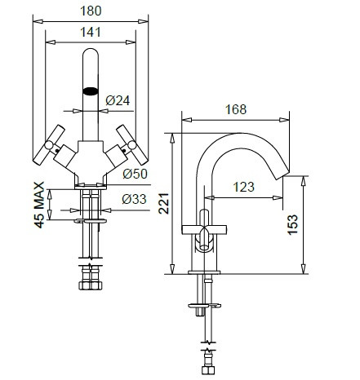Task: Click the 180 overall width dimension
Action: pyautogui.click(x=91, y=11)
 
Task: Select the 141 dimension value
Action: pyautogui.click(x=91, y=32)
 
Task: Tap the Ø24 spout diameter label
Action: pyautogui.click(x=118, y=100)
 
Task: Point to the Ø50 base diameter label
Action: pyautogui.click(x=135, y=174)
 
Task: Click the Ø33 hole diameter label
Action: pyautogui.click(x=134, y=199)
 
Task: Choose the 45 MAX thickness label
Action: pyautogui.click(x=39, y=205)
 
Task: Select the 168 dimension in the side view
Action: pyautogui.click(x=236, y=109)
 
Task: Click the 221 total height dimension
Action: pyautogui.click(x=163, y=203)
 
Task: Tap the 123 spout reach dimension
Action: pyautogui.click(x=244, y=187)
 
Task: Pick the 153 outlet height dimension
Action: pyautogui.click(x=292, y=224)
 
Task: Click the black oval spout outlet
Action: pyautogui.click(x=91, y=91)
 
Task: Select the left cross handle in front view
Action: pyautogui.click(x=49, y=145)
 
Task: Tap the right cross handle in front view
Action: pyautogui.click(x=132, y=145)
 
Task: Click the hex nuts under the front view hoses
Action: pyautogui.click(x=91, y=285)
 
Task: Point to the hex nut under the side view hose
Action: pyautogui.click(x=208, y=370)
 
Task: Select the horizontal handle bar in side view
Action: pyautogui.click(x=204, y=229)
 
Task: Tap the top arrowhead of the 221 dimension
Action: pyautogui.click(x=172, y=138)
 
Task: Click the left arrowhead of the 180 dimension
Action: pyautogui.click(x=38, y=21)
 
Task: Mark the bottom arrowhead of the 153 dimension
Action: pyautogui.click(x=303, y=269)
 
